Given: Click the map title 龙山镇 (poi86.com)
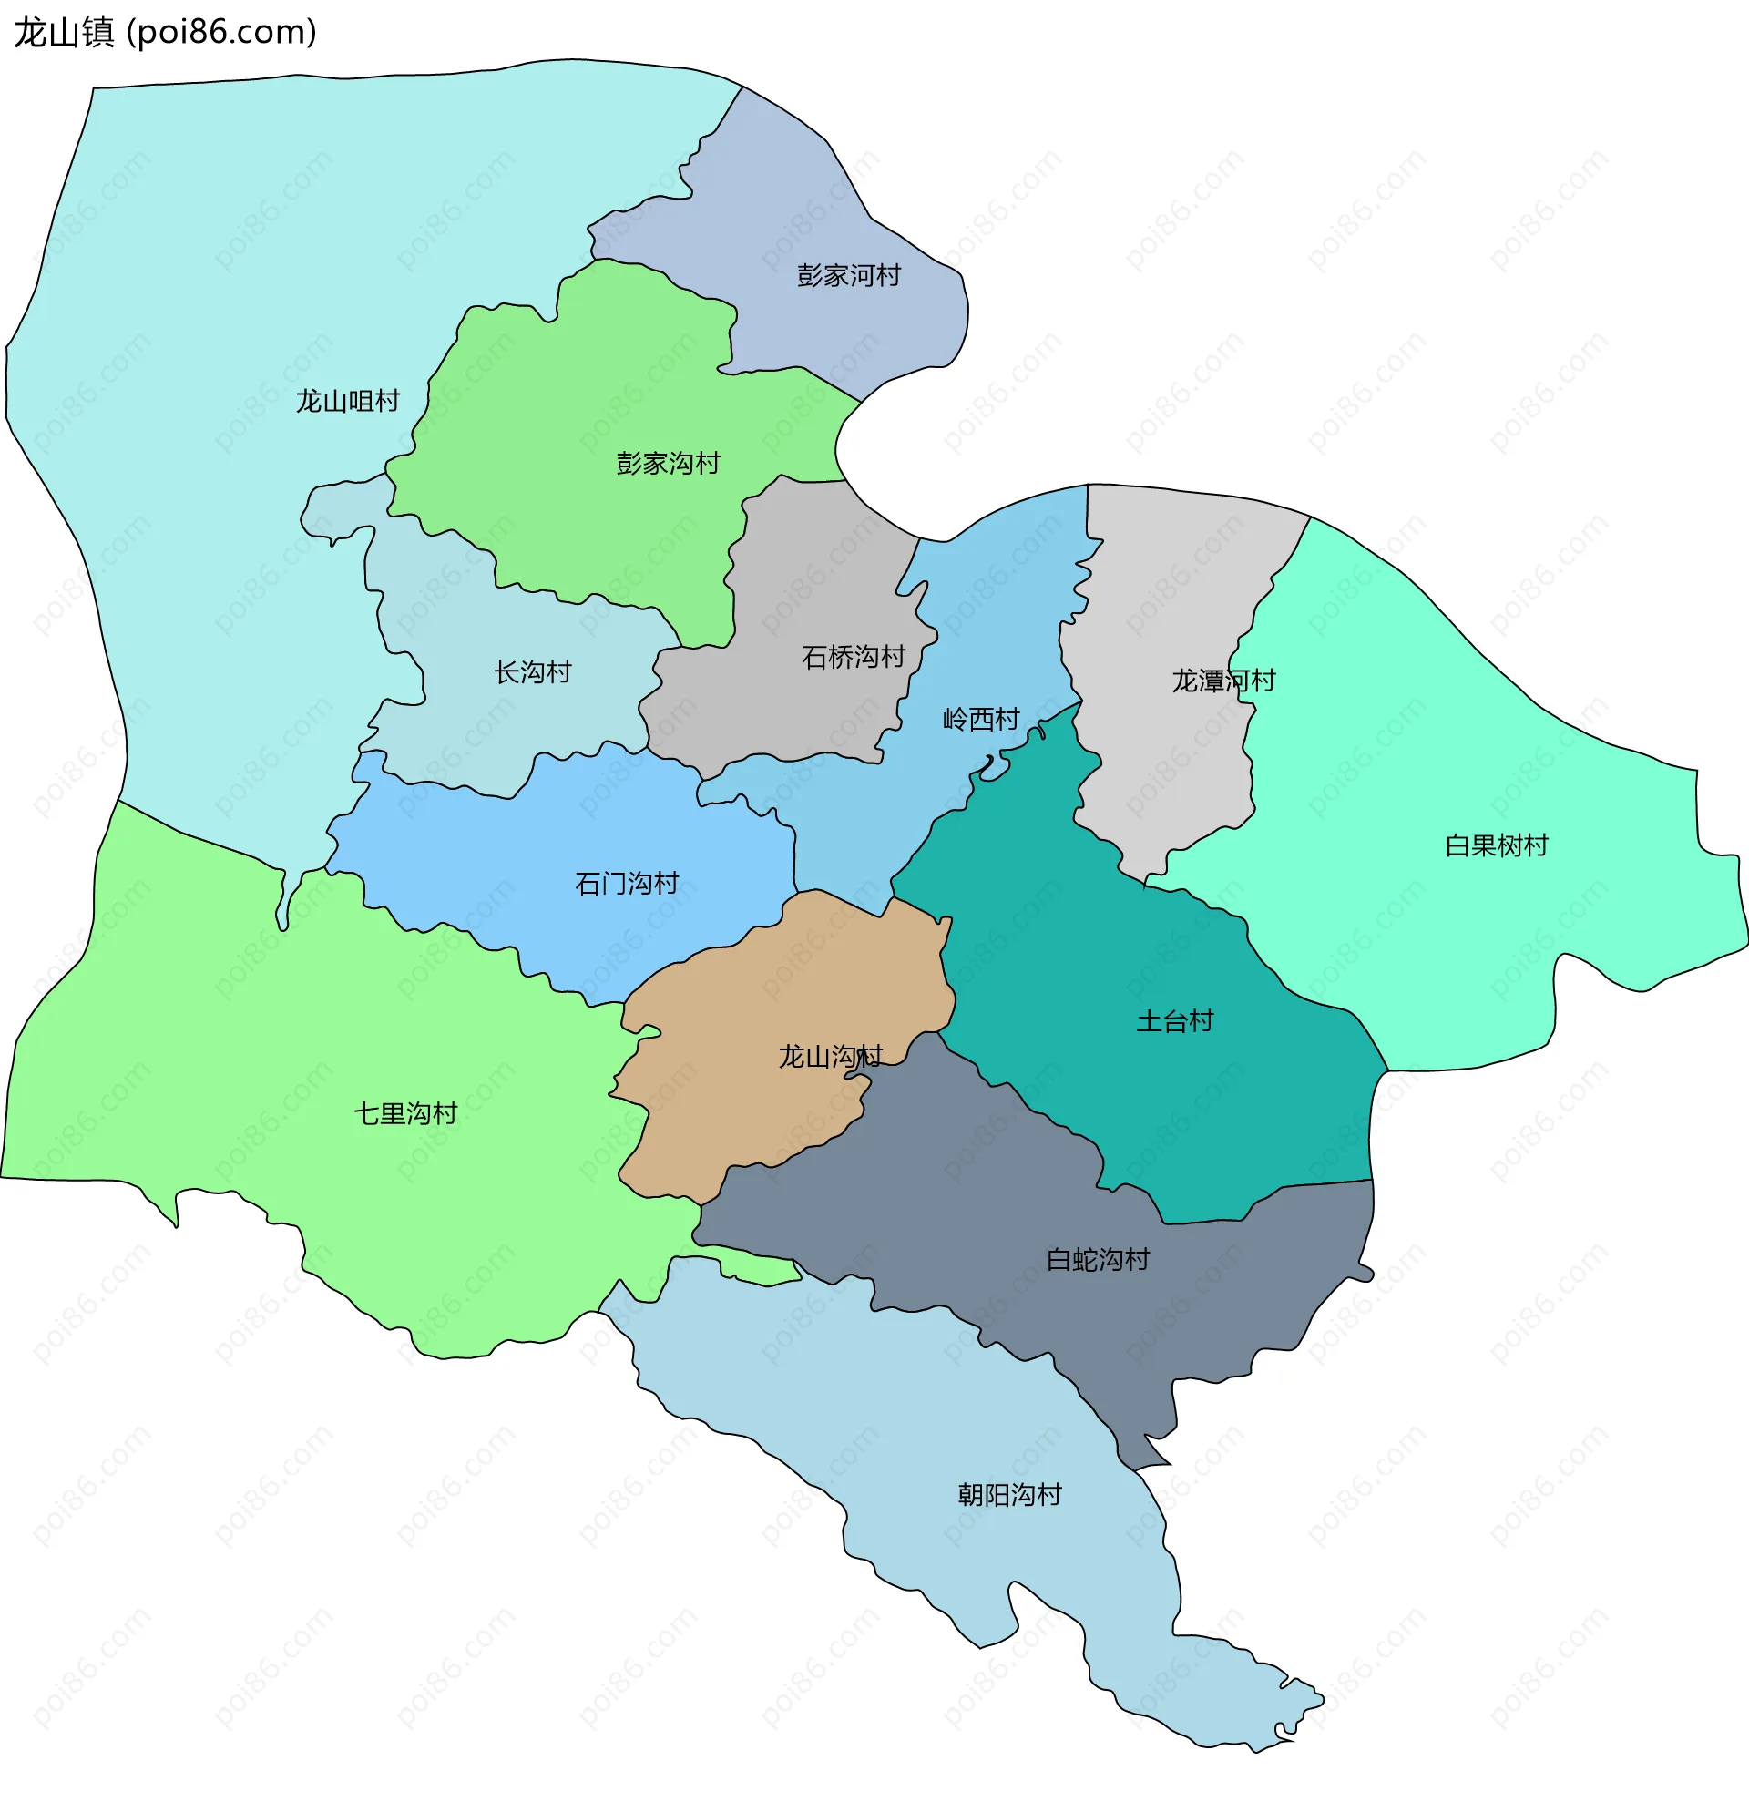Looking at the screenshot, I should pos(165,33).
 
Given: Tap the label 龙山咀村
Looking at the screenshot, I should pos(348,401).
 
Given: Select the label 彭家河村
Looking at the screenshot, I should pos(849,275).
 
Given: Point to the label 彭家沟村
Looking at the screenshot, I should pos(668,463).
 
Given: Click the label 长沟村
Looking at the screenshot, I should pos(533,672).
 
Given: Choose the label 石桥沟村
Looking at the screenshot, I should pos(854,658).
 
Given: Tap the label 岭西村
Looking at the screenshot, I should pos(981,720).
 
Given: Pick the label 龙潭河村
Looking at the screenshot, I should pos(1223,681).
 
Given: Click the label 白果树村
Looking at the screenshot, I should pos(1496,846).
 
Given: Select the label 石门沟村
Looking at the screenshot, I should pos(626,884).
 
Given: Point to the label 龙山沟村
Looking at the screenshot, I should pos(830,1057).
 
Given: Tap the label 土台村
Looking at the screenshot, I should pos(1174,1021).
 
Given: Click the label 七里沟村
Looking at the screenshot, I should pos(404,1114).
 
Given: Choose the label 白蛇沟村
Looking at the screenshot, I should pos(1098,1260).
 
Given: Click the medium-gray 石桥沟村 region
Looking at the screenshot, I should pos(813,573).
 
